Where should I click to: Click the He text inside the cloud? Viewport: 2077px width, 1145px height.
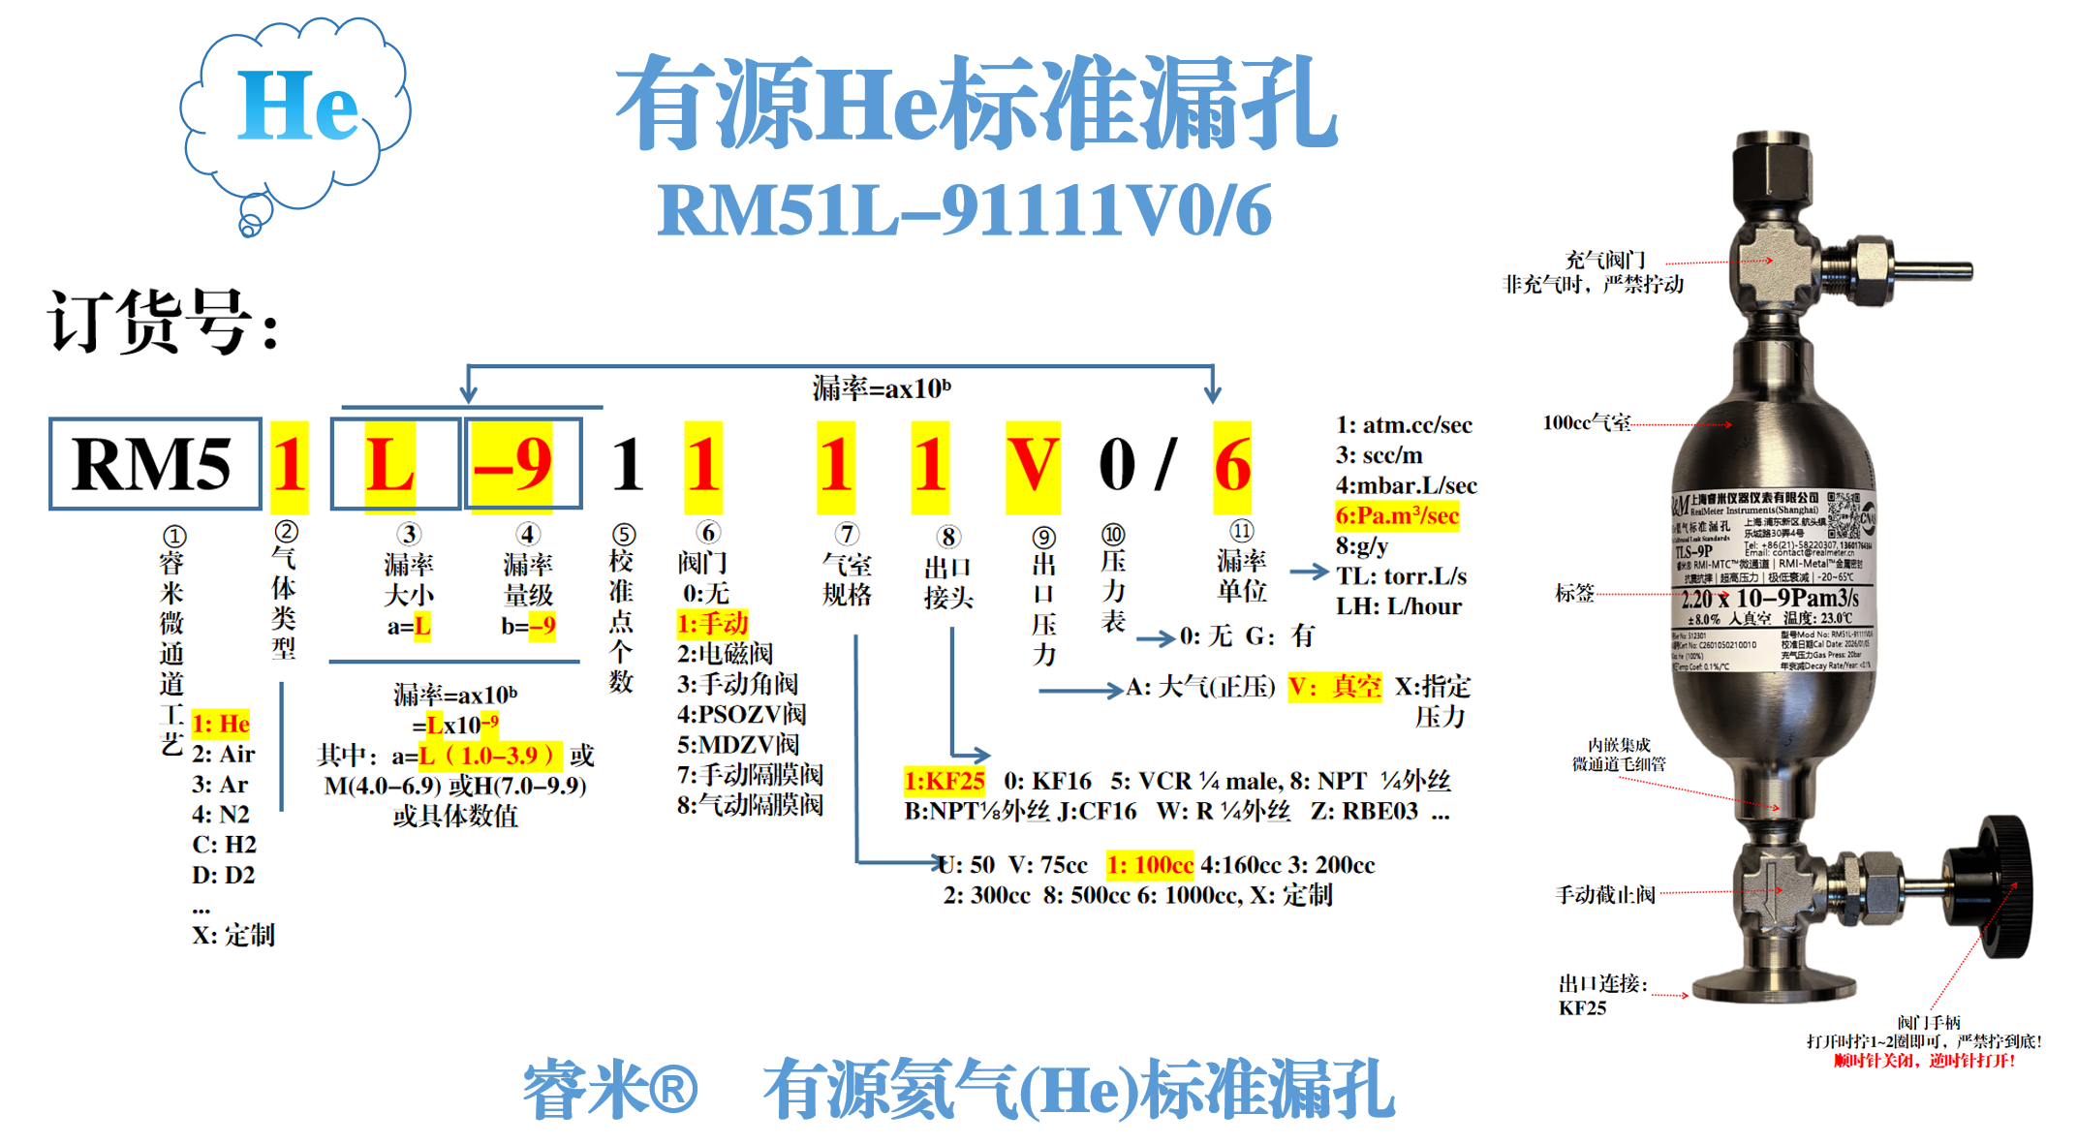(x=297, y=107)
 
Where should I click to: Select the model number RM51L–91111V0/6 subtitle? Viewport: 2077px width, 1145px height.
(x=964, y=210)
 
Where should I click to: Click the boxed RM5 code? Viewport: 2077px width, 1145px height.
(x=154, y=464)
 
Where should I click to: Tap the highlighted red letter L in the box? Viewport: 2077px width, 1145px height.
(x=390, y=465)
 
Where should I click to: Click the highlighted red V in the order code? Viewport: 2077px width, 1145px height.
(x=1033, y=465)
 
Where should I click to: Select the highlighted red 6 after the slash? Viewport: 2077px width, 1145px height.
(x=1232, y=466)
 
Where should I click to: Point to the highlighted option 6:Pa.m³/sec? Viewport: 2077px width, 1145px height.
(x=1396, y=516)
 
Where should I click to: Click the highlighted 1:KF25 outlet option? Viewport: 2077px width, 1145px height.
(x=944, y=781)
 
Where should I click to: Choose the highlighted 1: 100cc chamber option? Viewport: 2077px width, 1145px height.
(x=1150, y=865)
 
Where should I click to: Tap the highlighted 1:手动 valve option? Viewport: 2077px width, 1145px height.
(x=712, y=623)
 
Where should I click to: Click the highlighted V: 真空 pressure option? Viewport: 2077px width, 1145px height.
(x=1334, y=687)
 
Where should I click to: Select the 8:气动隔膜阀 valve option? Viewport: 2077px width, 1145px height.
(x=750, y=805)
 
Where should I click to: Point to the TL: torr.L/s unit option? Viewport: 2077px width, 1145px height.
(x=1401, y=576)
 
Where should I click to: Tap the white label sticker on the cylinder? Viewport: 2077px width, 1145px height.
(x=1772, y=581)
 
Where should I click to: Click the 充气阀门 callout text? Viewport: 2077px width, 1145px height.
(x=1605, y=260)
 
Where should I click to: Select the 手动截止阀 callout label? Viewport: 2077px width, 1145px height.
(x=1605, y=894)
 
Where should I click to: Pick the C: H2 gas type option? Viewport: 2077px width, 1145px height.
(x=224, y=845)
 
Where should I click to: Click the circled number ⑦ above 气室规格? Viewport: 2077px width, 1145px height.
(x=847, y=534)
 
